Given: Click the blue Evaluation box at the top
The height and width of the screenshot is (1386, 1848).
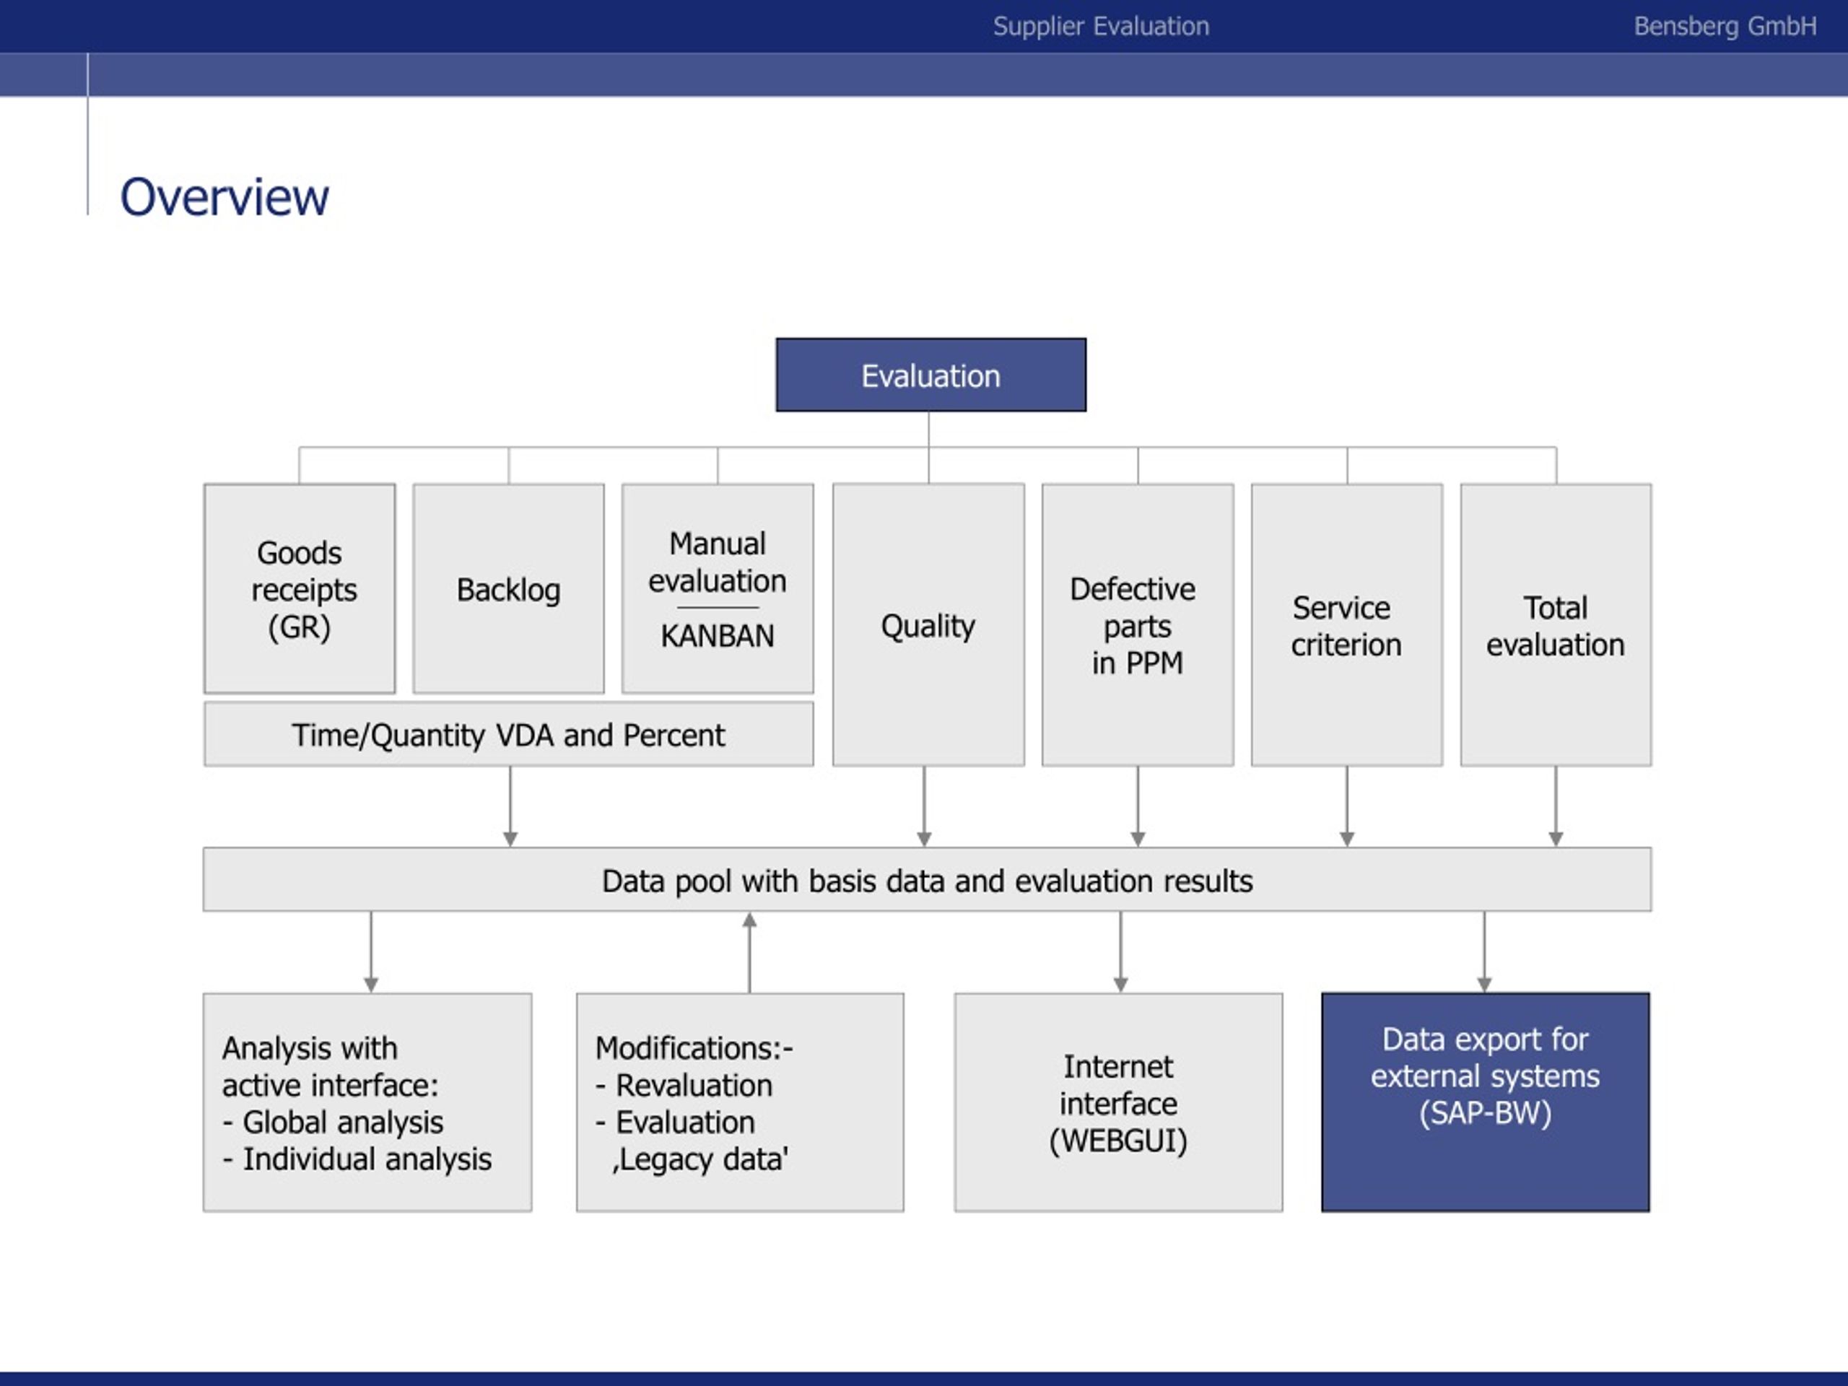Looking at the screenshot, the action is (x=930, y=375).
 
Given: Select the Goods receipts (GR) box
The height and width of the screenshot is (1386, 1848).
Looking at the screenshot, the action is (x=300, y=588).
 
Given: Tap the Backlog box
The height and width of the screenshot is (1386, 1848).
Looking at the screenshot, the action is (x=509, y=588).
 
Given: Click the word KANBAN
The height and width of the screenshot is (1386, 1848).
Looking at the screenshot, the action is (x=718, y=636).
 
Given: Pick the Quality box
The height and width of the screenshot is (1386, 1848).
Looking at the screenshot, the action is (x=928, y=624).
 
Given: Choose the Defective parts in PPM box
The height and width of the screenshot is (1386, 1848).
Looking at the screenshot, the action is (x=1138, y=624).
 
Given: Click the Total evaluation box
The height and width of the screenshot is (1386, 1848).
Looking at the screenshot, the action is (x=1556, y=624).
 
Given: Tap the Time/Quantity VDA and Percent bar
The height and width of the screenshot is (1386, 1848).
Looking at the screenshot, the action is (x=509, y=734).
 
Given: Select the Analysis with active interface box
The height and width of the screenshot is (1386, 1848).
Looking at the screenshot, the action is (x=367, y=1102).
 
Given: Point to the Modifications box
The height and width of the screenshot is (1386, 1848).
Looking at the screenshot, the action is (x=740, y=1102).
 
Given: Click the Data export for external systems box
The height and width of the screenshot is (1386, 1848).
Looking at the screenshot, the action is (x=1486, y=1102).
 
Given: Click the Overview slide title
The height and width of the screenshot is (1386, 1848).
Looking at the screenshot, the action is (x=225, y=197).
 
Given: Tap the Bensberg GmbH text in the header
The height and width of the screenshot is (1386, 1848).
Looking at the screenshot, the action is (x=1725, y=27).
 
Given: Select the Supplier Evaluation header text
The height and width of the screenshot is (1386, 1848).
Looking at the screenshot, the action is (x=1101, y=27).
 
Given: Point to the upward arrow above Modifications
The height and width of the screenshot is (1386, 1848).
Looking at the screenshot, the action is (x=749, y=952).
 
